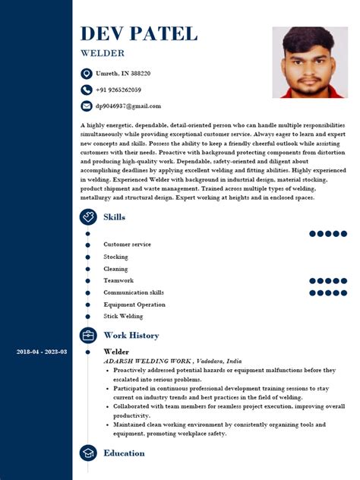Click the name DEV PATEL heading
tap(138, 33)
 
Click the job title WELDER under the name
tap(102, 53)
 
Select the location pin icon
tap(87, 74)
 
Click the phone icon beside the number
tap(87, 90)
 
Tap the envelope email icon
tap(87, 106)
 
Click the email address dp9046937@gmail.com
tap(128, 106)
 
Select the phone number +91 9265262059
tap(118, 90)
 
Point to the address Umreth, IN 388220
tap(122, 74)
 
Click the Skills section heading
tap(114, 217)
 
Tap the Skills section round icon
tap(88, 217)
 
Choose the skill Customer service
tap(127, 245)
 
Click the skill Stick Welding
tap(123, 316)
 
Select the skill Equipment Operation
tap(134, 305)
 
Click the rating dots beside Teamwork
tap(327, 281)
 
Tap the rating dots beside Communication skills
tap(327, 292)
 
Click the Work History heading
tap(131, 335)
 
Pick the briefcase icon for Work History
tap(88, 335)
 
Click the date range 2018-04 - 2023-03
tap(42, 352)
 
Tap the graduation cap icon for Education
tap(88, 453)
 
